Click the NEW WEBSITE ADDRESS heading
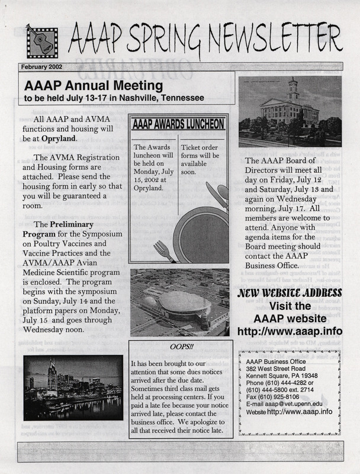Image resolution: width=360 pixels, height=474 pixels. [x=291, y=294]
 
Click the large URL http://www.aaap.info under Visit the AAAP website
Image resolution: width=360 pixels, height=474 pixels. [x=291, y=331]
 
